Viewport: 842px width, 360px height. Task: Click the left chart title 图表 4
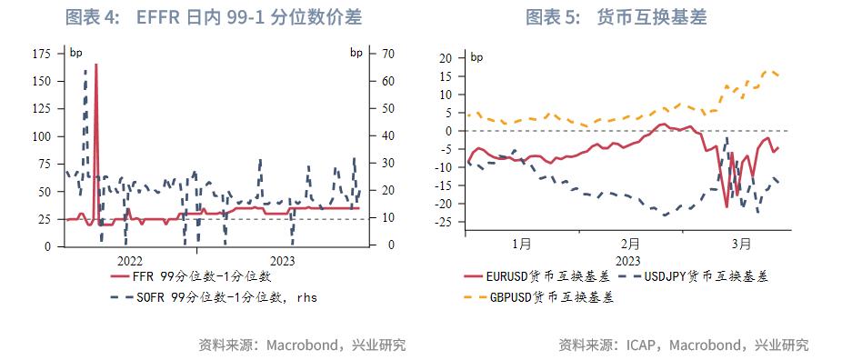pyautogui.click(x=94, y=17)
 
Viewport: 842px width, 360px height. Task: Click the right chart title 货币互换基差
pyautogui.click(x=652, y=17)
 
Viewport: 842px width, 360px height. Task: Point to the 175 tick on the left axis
pyautogui.click(x=41, y=55)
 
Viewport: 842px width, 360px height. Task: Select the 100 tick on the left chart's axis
pyautogui.click(x=41, y=136)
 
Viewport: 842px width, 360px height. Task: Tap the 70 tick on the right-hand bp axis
pyautogui.click(x=386, y=55)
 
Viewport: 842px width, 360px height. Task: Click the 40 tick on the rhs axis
pyautogui.click(x=386, y=136)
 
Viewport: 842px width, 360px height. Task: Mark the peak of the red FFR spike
pyautogui.click(x=95, y=65)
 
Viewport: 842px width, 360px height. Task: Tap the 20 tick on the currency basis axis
pyautogui.click(x=446, y=58)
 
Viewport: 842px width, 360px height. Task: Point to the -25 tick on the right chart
pyautogui.click(x=443, y=222)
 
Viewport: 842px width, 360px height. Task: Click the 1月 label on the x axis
pyautogui.click(x=521, y=244)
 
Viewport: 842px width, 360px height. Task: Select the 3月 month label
pyautogui.click(x=743, y=244)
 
